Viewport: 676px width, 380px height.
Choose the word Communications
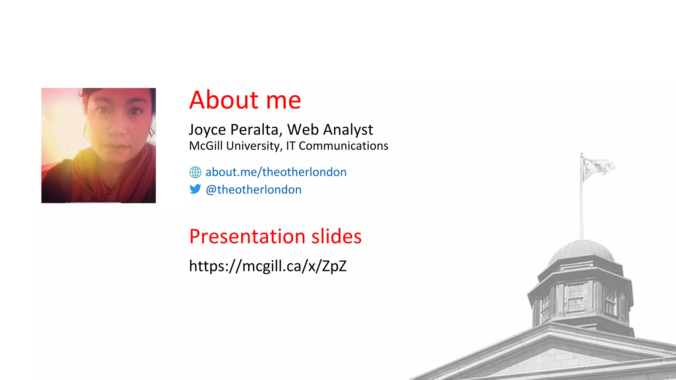click(343, 146)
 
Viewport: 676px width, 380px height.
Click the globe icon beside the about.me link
click(195, 172)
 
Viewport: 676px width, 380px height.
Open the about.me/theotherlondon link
click(276, 172)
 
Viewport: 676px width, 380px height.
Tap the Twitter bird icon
click(195, 189)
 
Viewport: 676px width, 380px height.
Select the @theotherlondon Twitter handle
click(253, 190)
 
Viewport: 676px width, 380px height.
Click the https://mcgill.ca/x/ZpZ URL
click(268, 266)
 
